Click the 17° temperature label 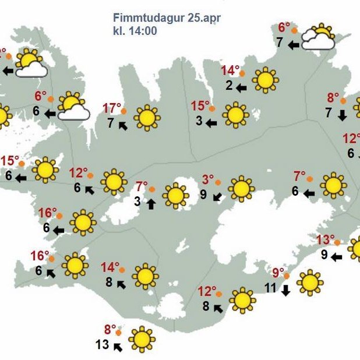tap(112, 108)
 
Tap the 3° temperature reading tap(208, 179)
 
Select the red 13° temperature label tap(326, 239)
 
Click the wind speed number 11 tap(270, 287)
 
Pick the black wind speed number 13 tap(102, 345)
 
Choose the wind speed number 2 tap(230, 86)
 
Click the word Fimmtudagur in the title tap(149, 19)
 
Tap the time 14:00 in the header tap(143, 31)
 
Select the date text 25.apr tap(204, 19)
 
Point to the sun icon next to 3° tap(241, 188)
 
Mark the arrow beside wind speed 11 tap(285, 291)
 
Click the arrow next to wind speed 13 tap(118, 348)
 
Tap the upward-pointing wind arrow tap(151, 203)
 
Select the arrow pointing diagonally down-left tap(217, 197)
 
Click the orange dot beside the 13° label tap(338, 242)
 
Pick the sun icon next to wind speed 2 tap(265, 80)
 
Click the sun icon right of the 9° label tap(309, 283)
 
